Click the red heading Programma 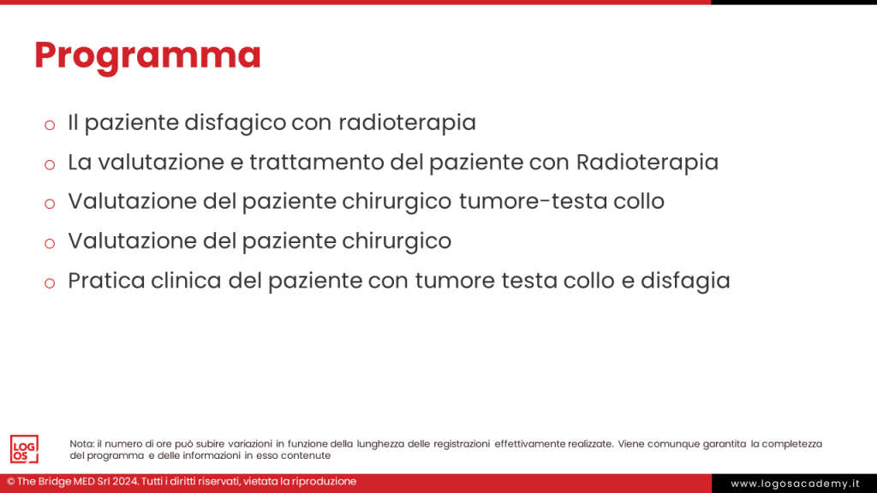coord(147,56)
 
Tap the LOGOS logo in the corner coord(24,449)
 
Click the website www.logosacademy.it coord(795,484)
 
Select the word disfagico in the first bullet coord(235,123)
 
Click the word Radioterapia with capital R coord(647,163)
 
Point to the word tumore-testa coord(533,201)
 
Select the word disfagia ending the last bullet coord(685,281)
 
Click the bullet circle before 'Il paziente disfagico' coord(50,125)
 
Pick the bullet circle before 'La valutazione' coord(50,165)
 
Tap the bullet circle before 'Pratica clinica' coord(50,283)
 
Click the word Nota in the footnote coord(81,444)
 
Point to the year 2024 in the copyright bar coord(125,481)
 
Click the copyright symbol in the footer coord(10,482)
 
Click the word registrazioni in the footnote coord(462,444)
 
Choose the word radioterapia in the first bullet coord(407,123)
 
